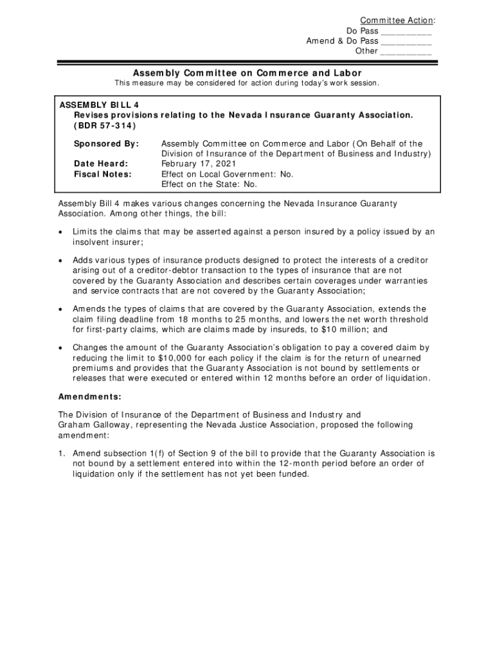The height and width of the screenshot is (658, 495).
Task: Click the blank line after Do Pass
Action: coord(406,31)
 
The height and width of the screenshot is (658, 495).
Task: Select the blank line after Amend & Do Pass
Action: coord(406,41)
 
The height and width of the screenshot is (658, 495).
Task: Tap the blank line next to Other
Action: coord(406,51)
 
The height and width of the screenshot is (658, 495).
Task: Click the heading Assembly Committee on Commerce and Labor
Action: coord(248,73)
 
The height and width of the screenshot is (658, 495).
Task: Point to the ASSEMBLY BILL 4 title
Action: coord(99,105)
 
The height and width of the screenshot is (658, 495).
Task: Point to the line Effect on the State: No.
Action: coord(209,184)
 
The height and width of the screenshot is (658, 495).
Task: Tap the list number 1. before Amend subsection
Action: coord(62,454)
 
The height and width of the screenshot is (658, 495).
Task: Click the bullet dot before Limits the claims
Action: coord(61,232)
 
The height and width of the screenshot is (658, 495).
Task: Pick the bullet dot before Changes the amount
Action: coord(61,348)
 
